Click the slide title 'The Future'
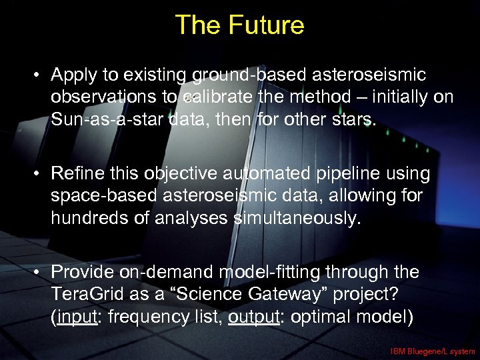click(x=239, y=25)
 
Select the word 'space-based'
click(x=98, y=196)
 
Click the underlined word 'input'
click(x=75, y=317)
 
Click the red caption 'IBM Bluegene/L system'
click(x=433, y=351)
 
